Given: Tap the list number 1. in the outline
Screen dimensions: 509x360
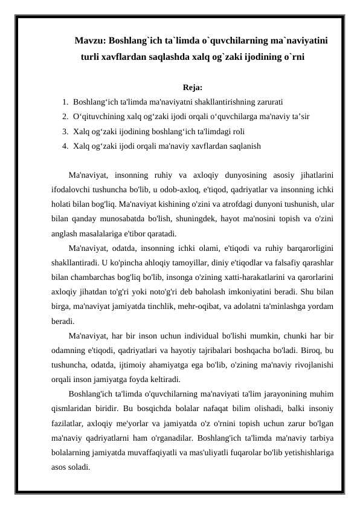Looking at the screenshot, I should tap(65, 102).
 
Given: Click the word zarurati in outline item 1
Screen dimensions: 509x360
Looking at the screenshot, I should tap(268, 102).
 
